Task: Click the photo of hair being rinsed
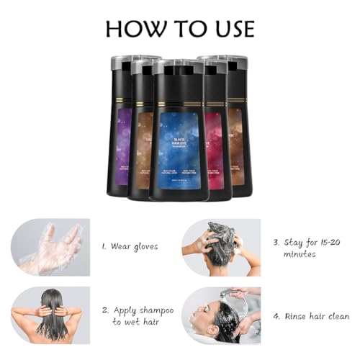(x=223, y=315)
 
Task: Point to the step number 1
(x=104, y=246)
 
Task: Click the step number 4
(x=276, y=316)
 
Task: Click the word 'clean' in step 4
(x=337, y=316)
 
